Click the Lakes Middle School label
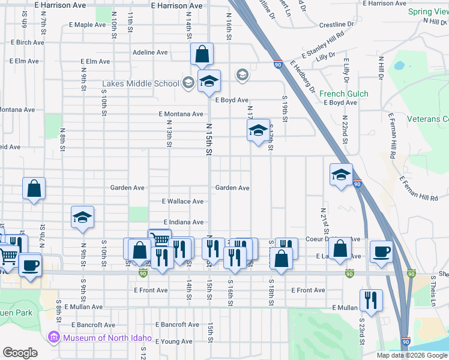point(140,83)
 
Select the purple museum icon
point(55,338)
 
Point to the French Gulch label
point(344,94)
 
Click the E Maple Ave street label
point(87,25)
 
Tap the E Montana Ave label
point(181,114)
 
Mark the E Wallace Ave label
point(183,202)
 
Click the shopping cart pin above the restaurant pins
point(160,239)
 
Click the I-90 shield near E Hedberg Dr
point(277,64)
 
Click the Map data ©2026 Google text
point(412,355)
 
